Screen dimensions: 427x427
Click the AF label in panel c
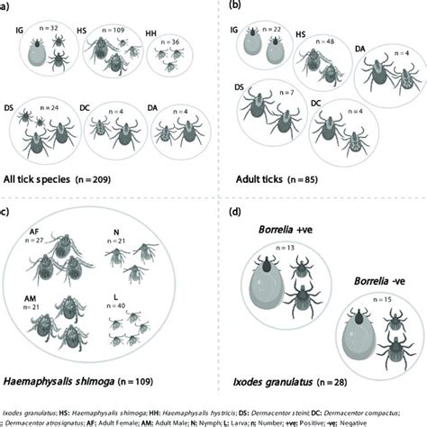point(33,230)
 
